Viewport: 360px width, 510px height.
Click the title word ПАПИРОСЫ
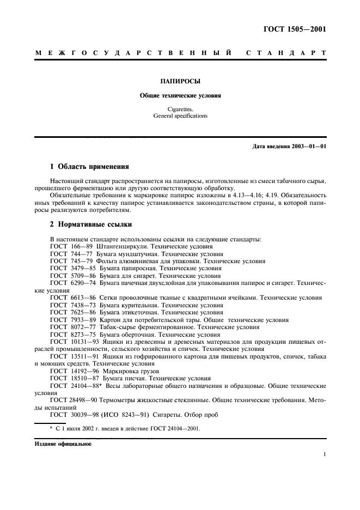pyautogui.click(x=180, y=81)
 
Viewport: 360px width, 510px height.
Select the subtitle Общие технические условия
pyautogui.click(x=180, y=95)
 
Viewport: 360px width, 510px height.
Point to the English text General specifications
pyautogui.click(x=180, y=116)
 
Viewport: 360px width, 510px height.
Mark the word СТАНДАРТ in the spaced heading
pyautogui.click(x=286, y=53)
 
